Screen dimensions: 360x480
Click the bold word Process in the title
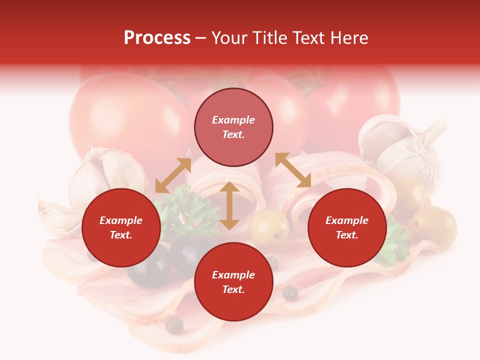[157, 38]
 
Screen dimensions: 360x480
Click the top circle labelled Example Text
[233, 127]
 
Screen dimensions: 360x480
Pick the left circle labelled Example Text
[121, 227]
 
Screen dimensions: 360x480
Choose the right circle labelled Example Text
[347, 227]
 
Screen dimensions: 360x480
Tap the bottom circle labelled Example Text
[233, 282]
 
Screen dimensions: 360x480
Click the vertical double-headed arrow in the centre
[229, 205]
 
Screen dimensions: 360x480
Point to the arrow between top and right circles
[293, 170]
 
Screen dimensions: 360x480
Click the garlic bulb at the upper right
[400, 145]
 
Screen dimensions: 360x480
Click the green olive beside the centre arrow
[269, 228]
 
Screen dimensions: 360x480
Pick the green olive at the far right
[434, 225]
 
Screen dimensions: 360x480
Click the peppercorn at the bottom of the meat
[174, 325]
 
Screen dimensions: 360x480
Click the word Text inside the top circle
[233, 134]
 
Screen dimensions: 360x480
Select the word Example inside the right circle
[347, 220]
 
